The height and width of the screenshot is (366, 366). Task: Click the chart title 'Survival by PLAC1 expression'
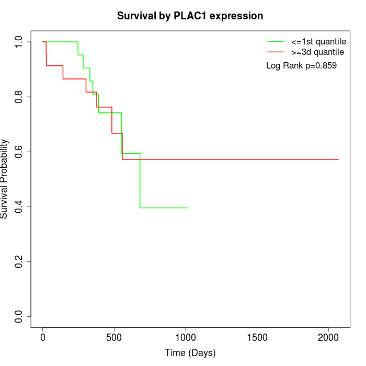[x=190, y=16]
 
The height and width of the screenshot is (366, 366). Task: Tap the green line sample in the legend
[x=276, y=41]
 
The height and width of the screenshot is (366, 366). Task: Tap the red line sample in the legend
[x=276, y=52]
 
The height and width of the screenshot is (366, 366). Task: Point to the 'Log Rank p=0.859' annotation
[x=301, y=65]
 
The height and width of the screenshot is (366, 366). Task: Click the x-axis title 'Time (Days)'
[x=190, y=353]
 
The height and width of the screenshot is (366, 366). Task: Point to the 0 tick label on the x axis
[x=43, y=337]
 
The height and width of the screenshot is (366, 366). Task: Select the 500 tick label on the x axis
[x=114, y=337]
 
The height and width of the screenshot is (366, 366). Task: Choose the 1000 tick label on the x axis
[x=186, y=337]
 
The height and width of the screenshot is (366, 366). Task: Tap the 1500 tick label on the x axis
[x=257, y=337]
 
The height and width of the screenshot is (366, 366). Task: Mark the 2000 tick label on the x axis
[x=328, y=337]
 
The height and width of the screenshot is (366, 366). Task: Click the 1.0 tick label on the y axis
[x=19, y=42]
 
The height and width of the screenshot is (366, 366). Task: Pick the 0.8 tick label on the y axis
[x=19, y=97]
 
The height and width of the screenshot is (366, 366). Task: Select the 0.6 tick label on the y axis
[x=19, y=152]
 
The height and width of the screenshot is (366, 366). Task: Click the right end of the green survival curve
[x=187, y=208]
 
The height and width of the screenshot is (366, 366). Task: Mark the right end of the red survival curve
[x=338, y=159]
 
